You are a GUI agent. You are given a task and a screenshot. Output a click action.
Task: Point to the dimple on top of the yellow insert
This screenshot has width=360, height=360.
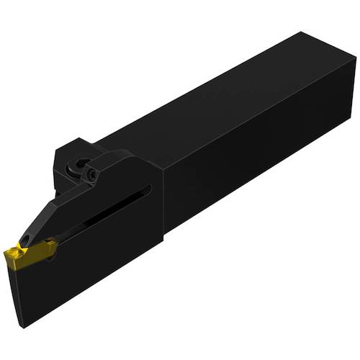pyautogui.click(x=29, y=250)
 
